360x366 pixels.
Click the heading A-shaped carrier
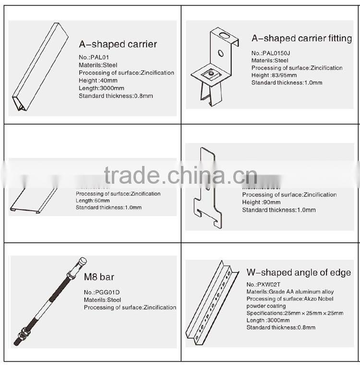[x=118, y=45]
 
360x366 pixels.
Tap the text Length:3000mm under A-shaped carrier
[x=101, y=88]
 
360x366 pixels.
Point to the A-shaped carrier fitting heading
[x=301, y=38]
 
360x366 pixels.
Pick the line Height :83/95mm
[x=274, y=75]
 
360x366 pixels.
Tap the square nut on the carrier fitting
[x=210, y=73]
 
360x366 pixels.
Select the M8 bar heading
[x=99, y=277]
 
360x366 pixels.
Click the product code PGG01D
[x=102, y=292]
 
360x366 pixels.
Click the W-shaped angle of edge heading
[x=299, y=272]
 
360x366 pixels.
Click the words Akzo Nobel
[x=320, y=299]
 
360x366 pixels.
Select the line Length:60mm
[x=94, y=201]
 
